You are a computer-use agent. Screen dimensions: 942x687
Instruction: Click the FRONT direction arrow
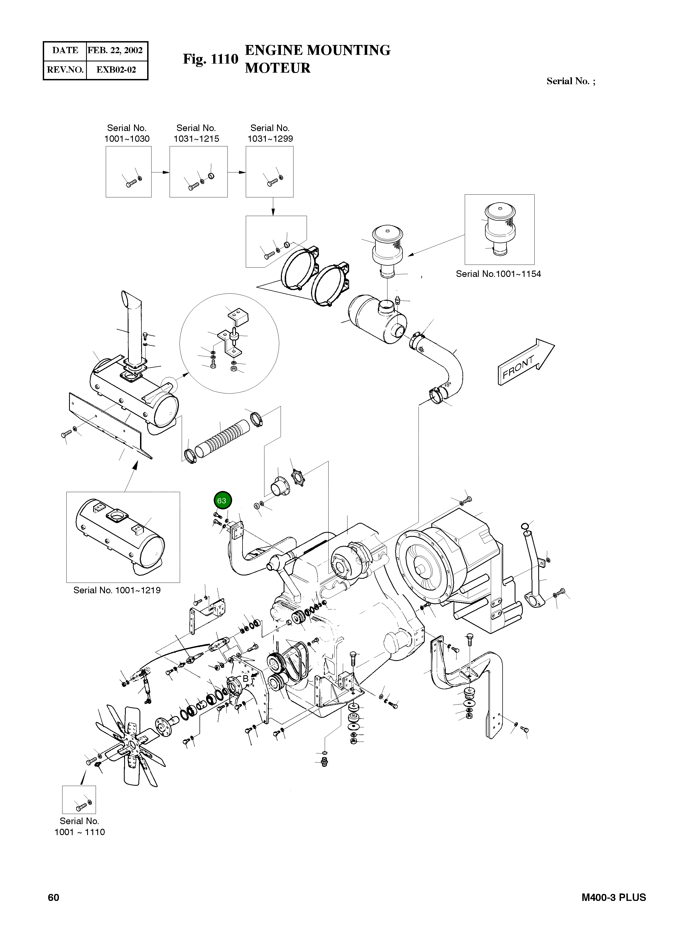coord(525,362)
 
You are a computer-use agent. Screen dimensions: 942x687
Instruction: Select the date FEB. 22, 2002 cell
coord(115,51)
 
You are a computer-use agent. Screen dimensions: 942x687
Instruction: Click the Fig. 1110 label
coord(210,59)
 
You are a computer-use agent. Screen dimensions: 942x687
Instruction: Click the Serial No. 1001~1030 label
coord(127,134)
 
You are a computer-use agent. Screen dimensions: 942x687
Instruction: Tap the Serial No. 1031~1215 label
coord(196,134)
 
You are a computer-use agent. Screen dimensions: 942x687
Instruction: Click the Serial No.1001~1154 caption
coord(498,274)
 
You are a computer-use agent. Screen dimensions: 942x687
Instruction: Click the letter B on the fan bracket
coord(245,678)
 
